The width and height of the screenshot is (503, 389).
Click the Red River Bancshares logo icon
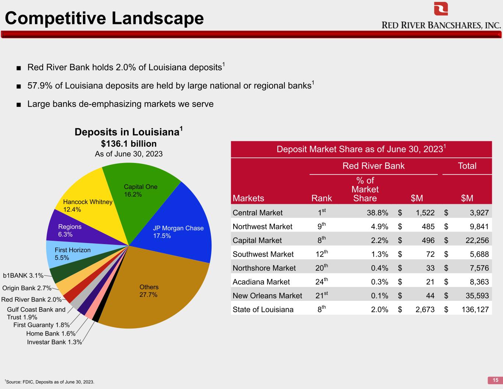coord(441,8)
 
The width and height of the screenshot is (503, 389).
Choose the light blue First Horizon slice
coord(69,254)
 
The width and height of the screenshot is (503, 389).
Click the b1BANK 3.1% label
coord(23,275)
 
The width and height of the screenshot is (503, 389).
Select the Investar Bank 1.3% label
coord(55,342)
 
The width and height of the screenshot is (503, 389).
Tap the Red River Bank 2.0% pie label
coord(31,299)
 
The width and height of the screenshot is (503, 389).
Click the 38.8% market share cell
coord(377,212)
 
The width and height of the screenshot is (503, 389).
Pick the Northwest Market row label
coord(262,226)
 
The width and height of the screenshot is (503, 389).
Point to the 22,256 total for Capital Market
coord(477,240)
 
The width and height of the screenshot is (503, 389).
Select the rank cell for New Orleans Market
coord(322,295)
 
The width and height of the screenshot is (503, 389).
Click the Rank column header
coord(322,198)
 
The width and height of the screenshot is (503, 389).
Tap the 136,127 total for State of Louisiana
coord(475,310)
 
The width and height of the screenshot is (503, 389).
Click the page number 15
coord(495,380)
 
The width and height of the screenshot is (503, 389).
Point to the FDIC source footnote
coord(49,382)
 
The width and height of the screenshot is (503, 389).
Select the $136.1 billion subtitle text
coord(129,143)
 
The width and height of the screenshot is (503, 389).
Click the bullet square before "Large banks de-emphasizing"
coord(19,105)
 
